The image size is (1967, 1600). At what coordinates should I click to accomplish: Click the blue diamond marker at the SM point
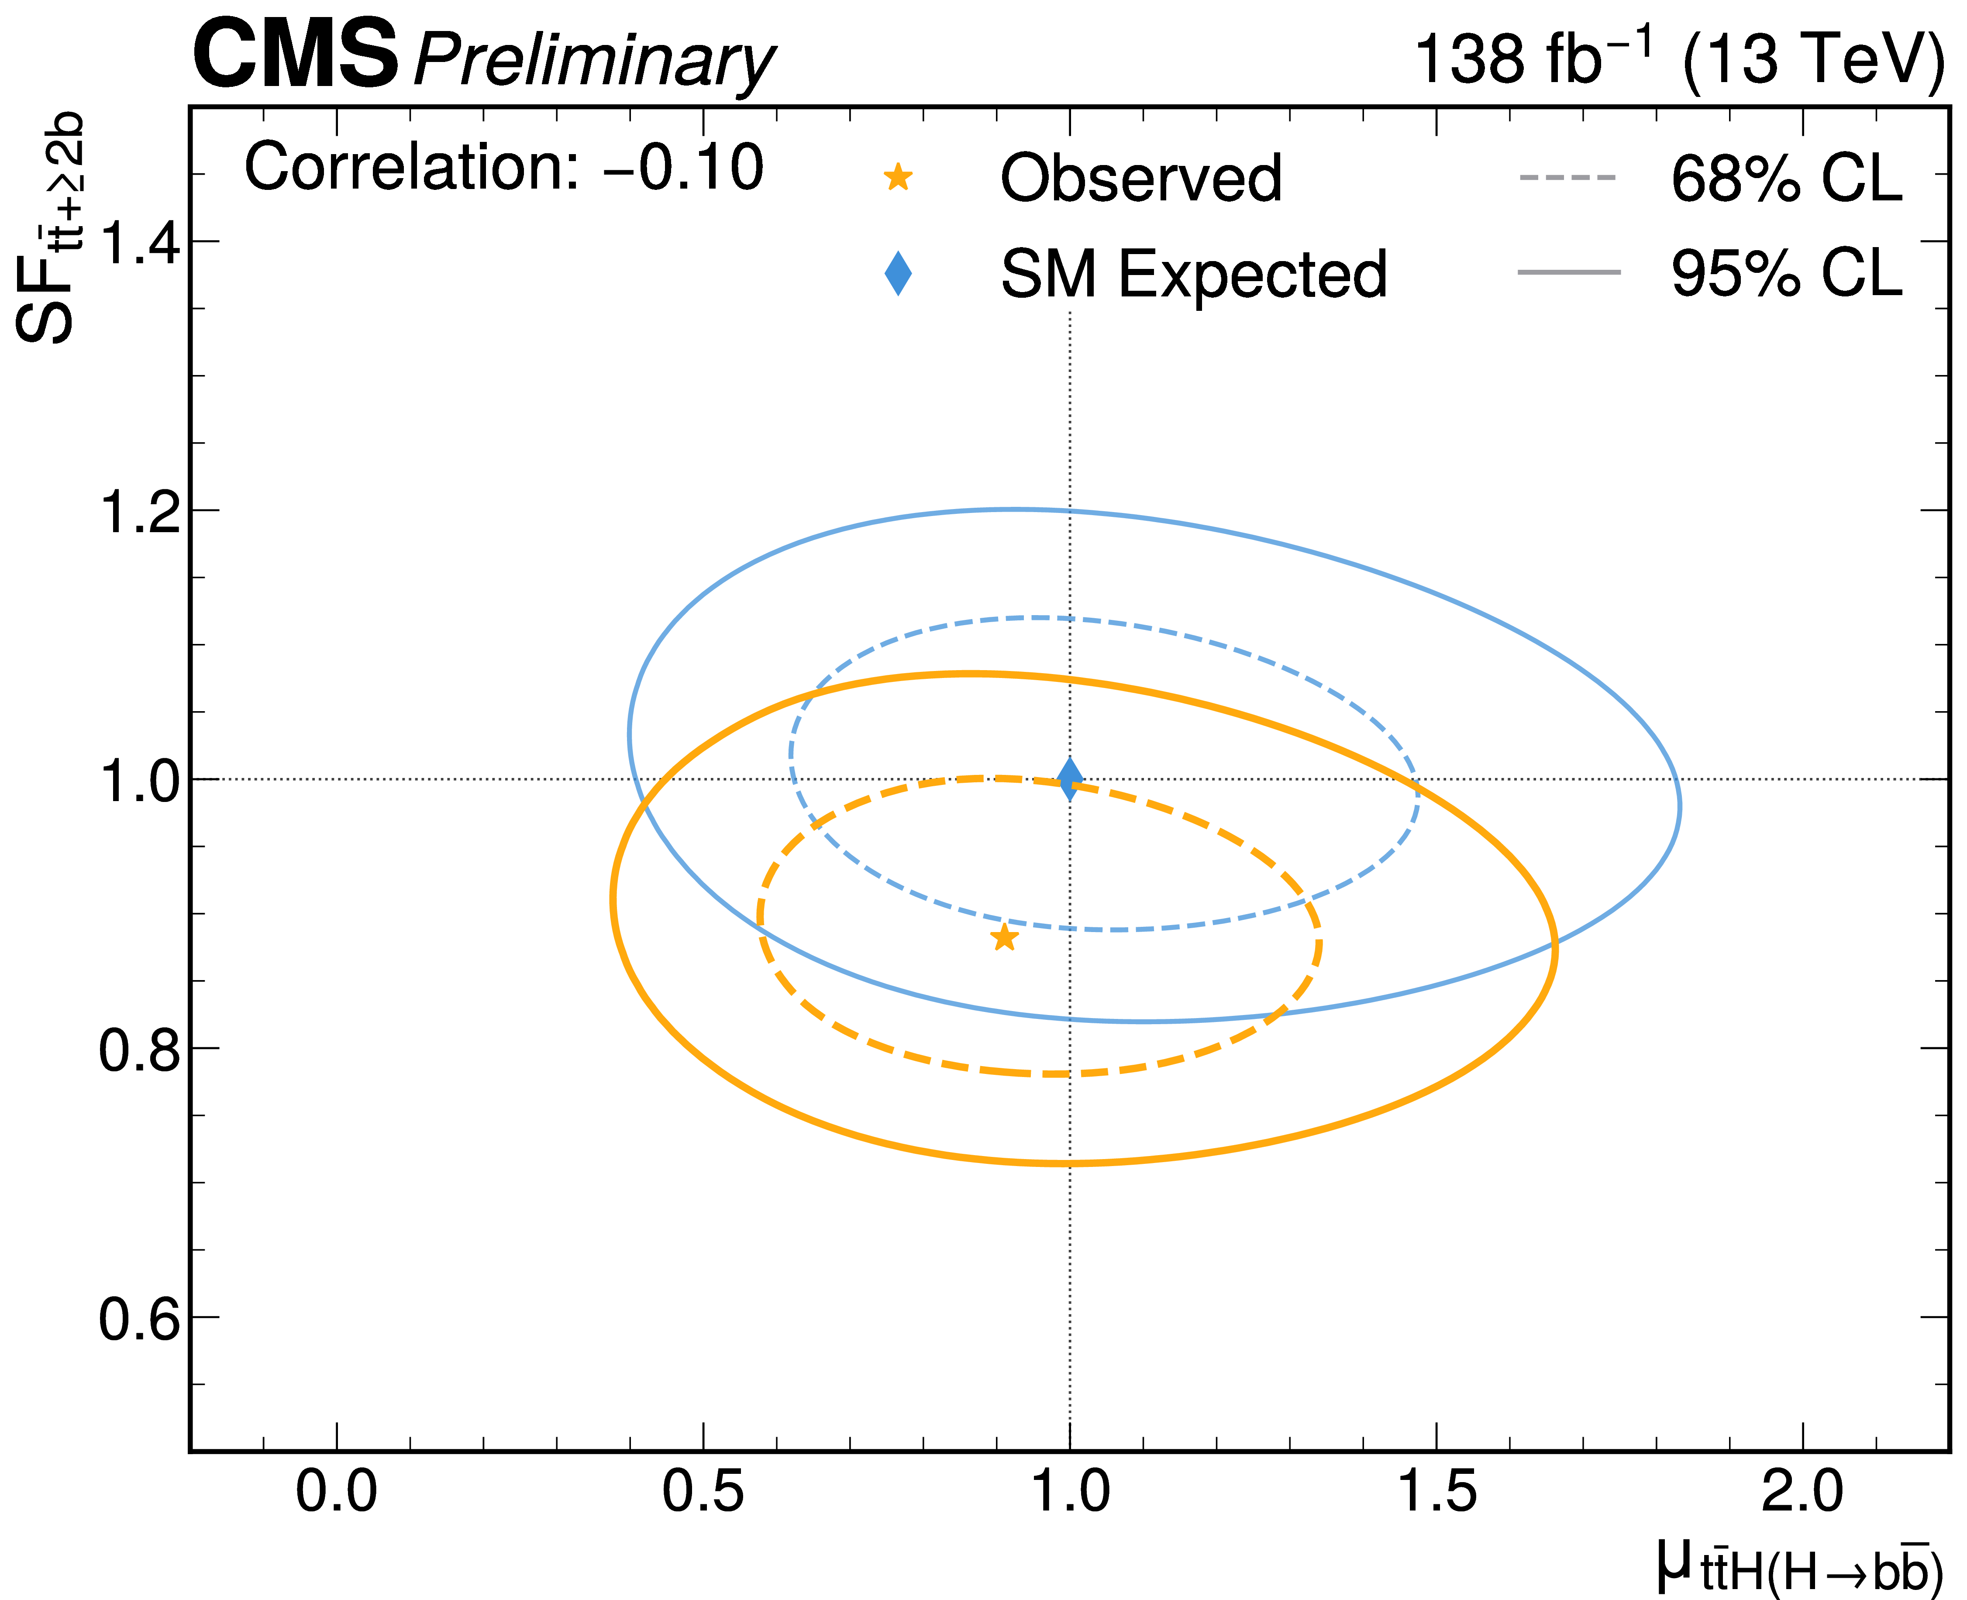click(1069, 780)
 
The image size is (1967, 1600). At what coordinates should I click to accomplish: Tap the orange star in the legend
click(897, 177)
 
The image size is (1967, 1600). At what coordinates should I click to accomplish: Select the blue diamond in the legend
click(897, 274)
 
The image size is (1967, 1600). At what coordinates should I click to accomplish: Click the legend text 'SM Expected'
click(1194, 275)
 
